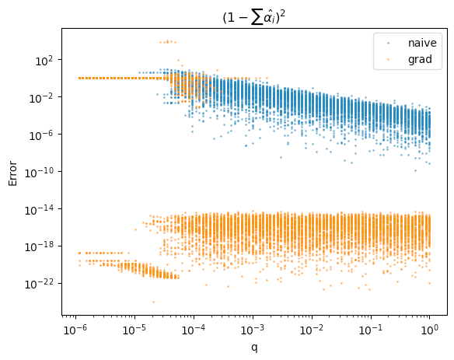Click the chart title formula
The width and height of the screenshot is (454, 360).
click(x=254, y=18)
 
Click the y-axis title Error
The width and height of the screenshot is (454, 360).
click(x=12, y=173)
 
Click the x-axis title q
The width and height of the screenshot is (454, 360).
click(x=254, y=348)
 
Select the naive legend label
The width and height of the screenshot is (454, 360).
click(x=422, y=43)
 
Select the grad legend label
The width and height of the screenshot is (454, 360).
click(x=420, y=59)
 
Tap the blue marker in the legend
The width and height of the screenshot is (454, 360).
click(x=388, y=44)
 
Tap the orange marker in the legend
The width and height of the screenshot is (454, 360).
click(x=388, y=59)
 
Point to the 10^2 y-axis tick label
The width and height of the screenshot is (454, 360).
click(x=44, y=61)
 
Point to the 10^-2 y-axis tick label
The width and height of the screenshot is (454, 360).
click(x=41, y=98)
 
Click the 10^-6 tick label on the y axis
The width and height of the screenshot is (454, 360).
click(x=41, y=135)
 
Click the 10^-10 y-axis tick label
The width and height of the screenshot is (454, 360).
click(x=40, y=173)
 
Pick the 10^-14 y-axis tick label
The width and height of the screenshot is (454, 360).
click(x=40, y=210)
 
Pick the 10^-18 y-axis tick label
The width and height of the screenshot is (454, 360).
click(x=40, y=247)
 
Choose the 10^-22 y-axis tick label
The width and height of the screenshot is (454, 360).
click(x=40, y=285)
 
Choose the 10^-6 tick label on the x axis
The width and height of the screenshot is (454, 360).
click(x=76, y=330)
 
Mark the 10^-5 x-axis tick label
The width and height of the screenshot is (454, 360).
click(x=135, y=330)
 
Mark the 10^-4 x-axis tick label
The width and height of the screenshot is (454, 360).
click(x=194, y=330)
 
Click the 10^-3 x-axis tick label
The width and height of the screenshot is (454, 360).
click(x=253, y=330)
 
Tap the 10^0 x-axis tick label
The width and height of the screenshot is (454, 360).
click(x=430, y=330)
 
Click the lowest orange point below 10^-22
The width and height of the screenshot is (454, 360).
click(x=153, y=302)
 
